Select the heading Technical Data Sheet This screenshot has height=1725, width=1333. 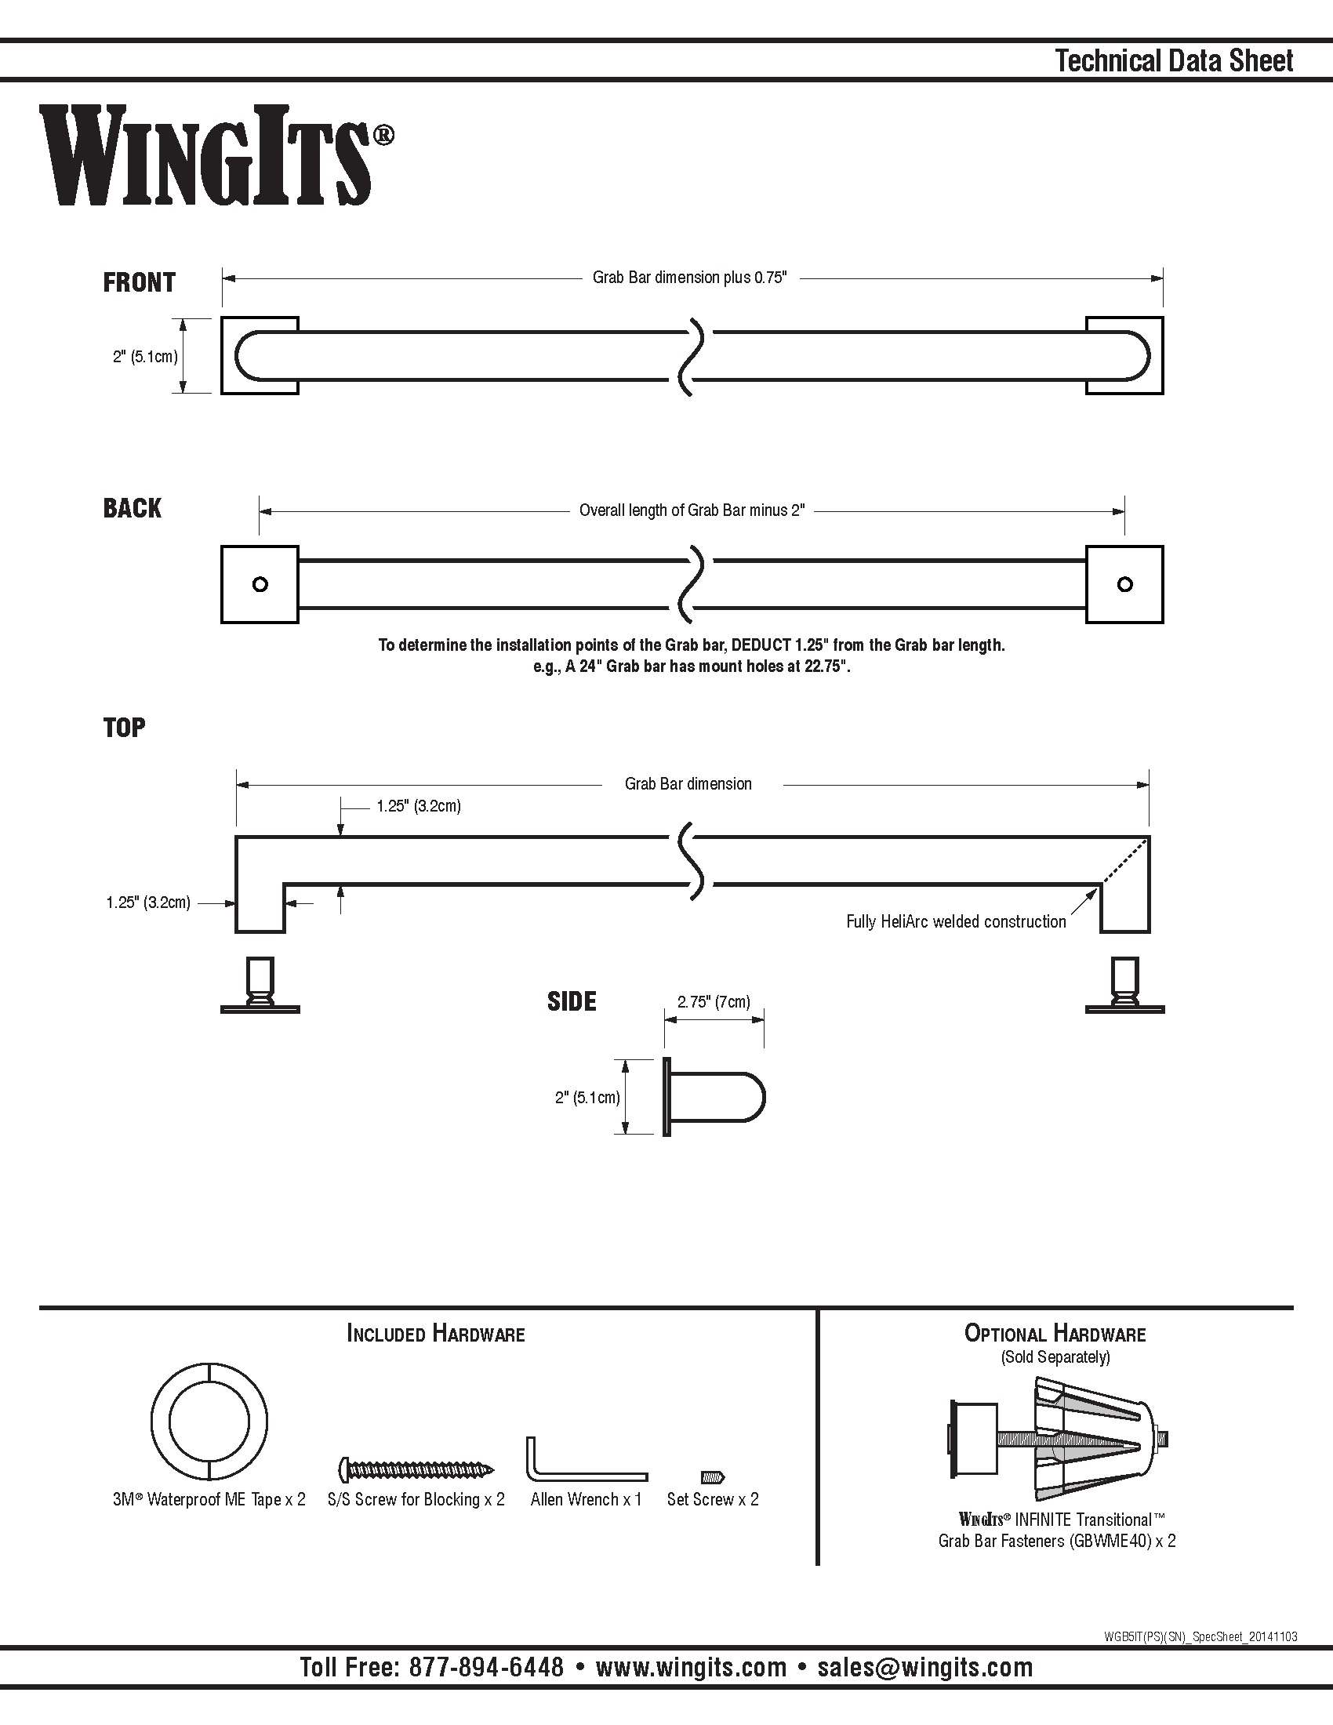coord(1175,61)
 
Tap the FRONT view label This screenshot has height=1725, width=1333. coord(139,282)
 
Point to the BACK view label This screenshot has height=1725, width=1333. coord(132,508)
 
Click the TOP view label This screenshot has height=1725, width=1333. coord(124,727)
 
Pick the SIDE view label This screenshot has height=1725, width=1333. coord(572,1001)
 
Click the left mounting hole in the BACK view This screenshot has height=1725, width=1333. coord(260,584)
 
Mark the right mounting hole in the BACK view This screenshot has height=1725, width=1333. coord(1125,584)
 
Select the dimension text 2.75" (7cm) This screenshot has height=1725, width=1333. coord(714,1001)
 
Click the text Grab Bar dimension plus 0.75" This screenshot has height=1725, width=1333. coord(690,278)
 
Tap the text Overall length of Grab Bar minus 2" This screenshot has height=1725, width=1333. coord(692,510)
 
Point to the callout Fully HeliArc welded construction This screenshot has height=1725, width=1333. coord(956,921)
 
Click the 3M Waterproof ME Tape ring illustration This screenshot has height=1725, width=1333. coord(209,1422)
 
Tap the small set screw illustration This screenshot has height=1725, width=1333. coord(713,1476)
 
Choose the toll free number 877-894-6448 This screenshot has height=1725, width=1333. coord(486,1666)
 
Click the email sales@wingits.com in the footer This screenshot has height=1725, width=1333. coord(925,1666)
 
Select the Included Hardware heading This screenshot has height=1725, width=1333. coord(436,1334)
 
